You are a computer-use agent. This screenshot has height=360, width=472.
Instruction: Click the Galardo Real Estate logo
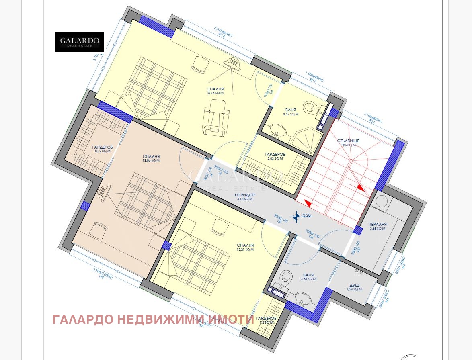click(x=80, y=42)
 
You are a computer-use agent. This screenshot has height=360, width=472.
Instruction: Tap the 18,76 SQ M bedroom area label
click(x=215, y=91)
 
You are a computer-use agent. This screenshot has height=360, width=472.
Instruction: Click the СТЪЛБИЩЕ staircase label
click(x=348, y=141)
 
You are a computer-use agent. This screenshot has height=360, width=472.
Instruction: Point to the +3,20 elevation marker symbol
click(x=296, y=216)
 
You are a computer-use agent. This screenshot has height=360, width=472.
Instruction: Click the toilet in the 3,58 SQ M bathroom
click(x=286, y=277)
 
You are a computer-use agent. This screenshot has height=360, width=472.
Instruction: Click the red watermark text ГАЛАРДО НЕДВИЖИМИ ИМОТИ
click(x=153, y=319)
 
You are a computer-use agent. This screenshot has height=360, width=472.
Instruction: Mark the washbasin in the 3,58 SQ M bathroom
click(x=302, y=299)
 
